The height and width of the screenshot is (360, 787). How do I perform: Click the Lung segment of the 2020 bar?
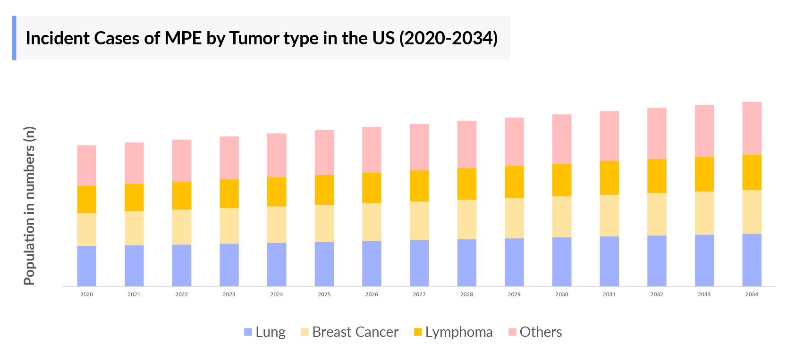click(87, 266)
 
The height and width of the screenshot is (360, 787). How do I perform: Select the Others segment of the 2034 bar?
click(752, 128)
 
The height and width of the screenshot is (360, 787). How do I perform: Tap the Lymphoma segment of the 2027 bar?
click(419, 186)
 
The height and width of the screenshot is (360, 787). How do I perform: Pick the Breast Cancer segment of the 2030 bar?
click(562, 217)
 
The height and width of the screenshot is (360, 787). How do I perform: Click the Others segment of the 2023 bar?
click(229, 158)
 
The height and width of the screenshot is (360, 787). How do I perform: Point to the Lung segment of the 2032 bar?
click(657, 260)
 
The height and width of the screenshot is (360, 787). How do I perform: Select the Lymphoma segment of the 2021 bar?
click(134, 197)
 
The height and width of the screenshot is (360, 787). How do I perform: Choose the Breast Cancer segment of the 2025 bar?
click(324, 223)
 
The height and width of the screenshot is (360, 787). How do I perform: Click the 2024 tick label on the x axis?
click(277, 294)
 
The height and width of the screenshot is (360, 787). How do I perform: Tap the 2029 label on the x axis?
click(514, 294)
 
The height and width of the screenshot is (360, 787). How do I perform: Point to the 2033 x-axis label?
click(704, 294)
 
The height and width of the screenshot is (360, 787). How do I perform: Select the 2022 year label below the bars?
click(182, 294)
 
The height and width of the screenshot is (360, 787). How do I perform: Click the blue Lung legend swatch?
click(248, 332)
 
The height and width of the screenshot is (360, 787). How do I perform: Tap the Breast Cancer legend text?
click(355, 332)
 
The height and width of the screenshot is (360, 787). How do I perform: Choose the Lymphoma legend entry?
click(458, 332)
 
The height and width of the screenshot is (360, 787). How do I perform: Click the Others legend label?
click(541, 332)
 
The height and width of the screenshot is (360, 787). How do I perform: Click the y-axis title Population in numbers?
click(29, 206)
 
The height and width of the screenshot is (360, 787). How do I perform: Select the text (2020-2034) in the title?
click(449, 38)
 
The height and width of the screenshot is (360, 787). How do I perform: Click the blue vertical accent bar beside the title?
click(14, 38)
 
